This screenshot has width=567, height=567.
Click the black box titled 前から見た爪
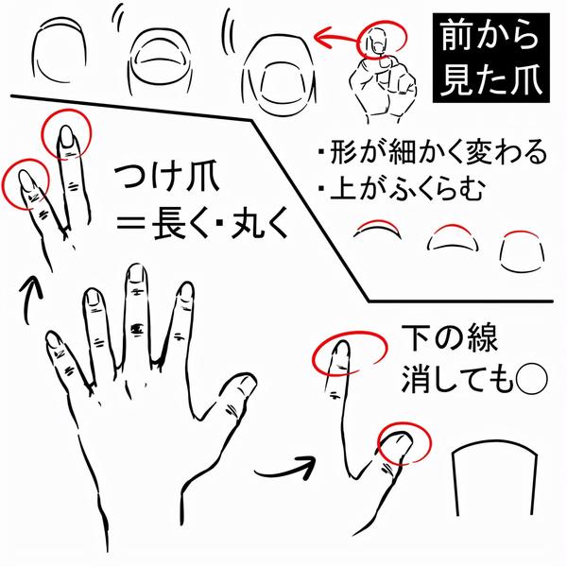tap(491, 59)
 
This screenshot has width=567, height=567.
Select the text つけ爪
tap(166, 179)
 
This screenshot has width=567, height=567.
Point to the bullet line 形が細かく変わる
tap(433, 152)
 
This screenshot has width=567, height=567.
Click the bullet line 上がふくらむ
tap(402, 189)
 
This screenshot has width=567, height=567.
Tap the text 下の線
tap(450, 338)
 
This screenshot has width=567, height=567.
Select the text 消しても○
tap(474, 379)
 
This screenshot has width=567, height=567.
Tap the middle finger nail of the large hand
tap(137, 274)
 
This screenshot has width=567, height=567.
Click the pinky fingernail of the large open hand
tap(55, 340)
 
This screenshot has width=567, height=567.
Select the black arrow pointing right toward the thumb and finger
tap(285, 468)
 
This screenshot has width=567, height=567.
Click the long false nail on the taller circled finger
tap(66, 136)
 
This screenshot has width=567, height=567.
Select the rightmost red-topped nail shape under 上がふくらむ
tap(522, 251)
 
